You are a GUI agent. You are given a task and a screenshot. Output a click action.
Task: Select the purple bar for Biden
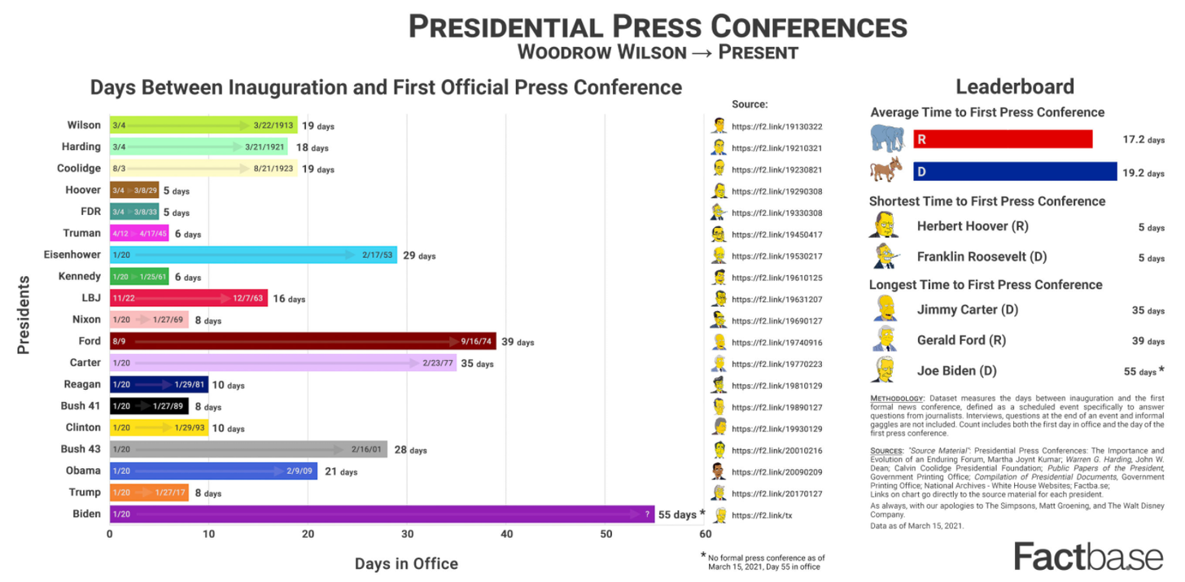tap(382, 514)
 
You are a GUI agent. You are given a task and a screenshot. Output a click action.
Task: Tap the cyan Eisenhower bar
tap(253, 255)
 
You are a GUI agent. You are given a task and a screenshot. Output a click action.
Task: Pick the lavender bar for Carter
tap(282, 363)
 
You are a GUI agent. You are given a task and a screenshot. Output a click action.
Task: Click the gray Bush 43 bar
tap(248, 449)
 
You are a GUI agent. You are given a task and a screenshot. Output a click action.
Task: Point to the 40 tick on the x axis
tap(506, 534)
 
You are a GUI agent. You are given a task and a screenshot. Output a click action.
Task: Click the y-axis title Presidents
tap(24, 315)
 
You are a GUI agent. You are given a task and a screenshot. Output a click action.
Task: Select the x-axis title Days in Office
tap(406, 563)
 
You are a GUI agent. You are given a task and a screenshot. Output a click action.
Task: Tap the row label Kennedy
tap(80, 277)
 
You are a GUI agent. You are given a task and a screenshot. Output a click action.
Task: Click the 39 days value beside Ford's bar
tap(518, 342)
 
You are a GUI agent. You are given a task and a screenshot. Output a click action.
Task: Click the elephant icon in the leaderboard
tap(887, 138)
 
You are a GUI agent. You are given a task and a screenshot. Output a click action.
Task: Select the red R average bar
tap(1003, 139)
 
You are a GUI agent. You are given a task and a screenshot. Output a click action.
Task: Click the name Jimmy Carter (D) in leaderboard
tap(967, 309)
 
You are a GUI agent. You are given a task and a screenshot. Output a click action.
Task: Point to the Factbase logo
tap(1088, 558)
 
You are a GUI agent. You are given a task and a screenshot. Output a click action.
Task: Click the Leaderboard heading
tap(1015, 86)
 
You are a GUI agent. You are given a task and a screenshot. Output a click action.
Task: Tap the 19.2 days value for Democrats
tap(1143, 173)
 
